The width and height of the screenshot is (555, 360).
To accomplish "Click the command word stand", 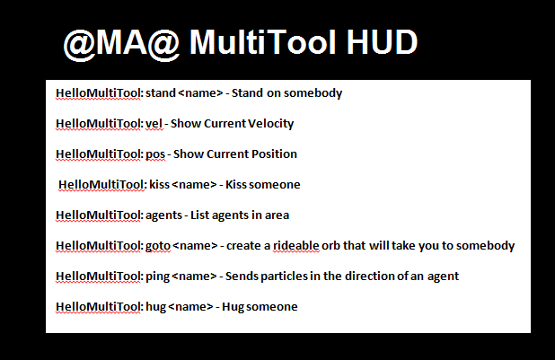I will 160,92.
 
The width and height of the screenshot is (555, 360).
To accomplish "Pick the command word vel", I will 153,123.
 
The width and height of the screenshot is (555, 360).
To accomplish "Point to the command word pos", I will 154,154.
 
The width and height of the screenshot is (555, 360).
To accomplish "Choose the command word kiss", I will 160,184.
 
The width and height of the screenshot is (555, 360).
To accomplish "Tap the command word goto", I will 157,245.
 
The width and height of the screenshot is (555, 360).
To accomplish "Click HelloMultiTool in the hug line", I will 98,306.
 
